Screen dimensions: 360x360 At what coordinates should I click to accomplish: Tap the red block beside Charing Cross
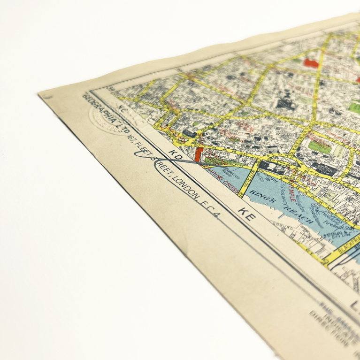(x=198, y=154)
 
